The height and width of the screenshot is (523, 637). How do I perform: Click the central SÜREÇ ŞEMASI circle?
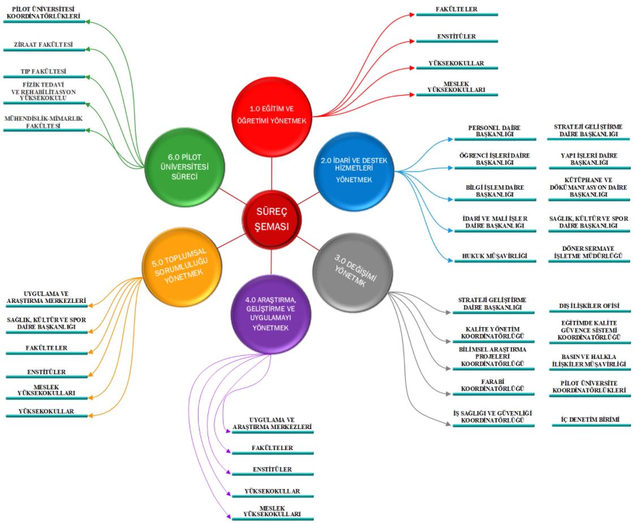click(271, 218)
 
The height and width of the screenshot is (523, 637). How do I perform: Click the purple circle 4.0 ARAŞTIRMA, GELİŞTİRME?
click(270, 319)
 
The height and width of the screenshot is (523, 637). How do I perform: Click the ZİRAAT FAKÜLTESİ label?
click(43, 45)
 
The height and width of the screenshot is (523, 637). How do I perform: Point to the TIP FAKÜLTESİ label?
click(44, 72)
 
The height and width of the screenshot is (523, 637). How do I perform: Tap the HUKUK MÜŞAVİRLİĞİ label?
click(495, 256)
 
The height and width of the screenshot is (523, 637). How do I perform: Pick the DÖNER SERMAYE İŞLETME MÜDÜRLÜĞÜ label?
click(588, 252)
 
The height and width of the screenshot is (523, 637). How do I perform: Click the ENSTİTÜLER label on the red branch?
click(456, 37)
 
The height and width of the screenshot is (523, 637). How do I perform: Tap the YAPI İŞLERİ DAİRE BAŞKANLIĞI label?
click(589, 159)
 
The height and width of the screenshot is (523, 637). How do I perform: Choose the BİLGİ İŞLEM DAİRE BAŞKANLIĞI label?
click(494, 191)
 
